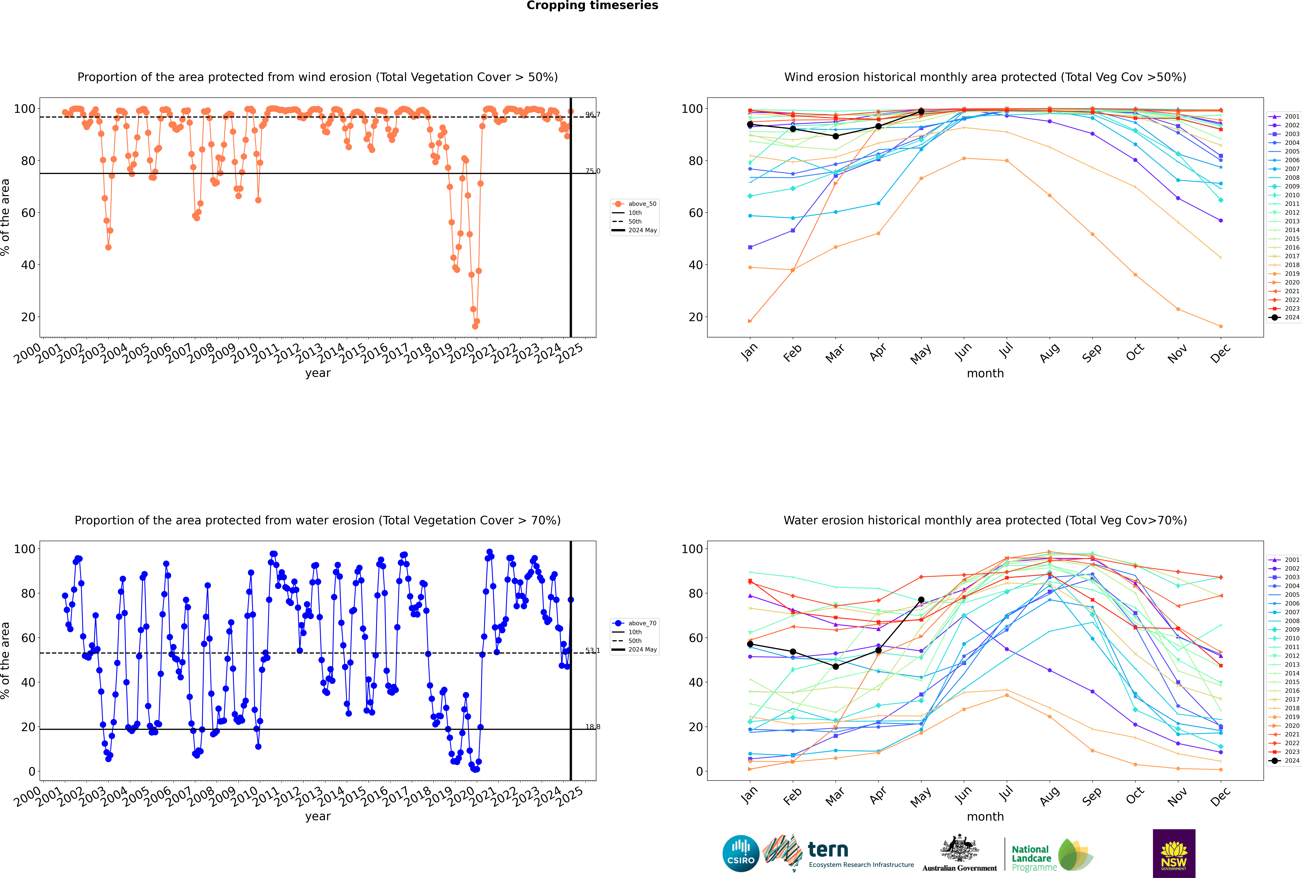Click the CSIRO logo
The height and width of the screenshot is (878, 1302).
[x=741, y=853]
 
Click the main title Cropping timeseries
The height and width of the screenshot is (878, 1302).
[x=592, y=6]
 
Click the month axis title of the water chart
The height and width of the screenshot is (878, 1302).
[x=985, y=816]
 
